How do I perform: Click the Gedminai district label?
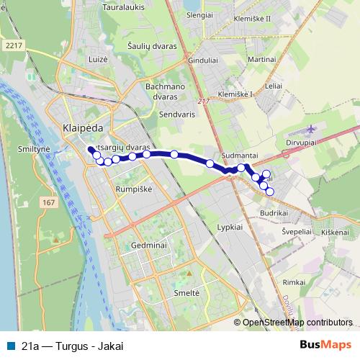pos(149,246)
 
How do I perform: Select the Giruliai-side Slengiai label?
pos(199,15)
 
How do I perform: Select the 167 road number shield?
pos(49,203)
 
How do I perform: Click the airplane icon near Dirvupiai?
pos(310,130)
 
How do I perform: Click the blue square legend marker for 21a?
pos(9,345)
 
